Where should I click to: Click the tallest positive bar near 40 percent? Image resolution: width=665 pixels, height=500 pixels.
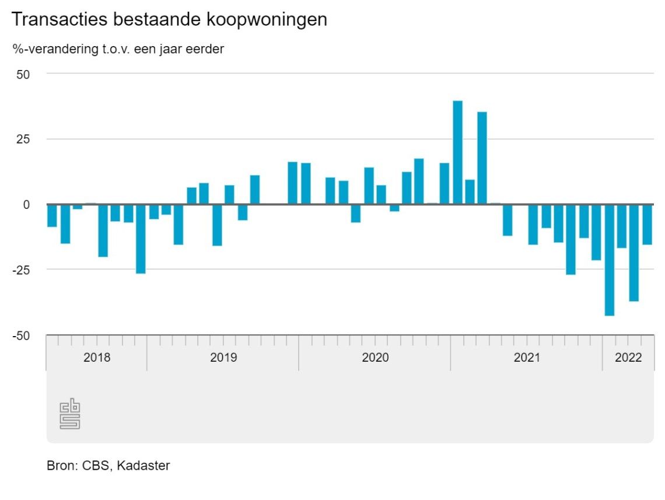458,153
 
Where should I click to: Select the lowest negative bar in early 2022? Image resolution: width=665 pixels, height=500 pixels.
610,260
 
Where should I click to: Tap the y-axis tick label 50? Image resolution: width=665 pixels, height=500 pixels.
23,74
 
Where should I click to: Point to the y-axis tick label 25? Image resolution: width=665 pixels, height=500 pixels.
23,139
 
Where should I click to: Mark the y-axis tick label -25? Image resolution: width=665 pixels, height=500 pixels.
21,270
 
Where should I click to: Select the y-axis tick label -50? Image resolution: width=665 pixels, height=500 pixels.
21,336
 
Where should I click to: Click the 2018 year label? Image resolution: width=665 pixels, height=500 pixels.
96,358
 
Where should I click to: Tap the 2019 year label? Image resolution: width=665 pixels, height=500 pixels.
223,358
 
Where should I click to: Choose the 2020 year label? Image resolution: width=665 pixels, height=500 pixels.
375,358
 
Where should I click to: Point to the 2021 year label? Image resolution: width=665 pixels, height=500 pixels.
527,358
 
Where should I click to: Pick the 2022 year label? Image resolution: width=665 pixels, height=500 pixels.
628,358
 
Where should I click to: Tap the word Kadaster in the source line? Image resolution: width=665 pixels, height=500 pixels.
143,466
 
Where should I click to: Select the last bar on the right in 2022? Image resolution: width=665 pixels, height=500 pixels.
647,225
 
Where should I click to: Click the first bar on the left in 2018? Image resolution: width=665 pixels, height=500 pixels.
52,215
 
